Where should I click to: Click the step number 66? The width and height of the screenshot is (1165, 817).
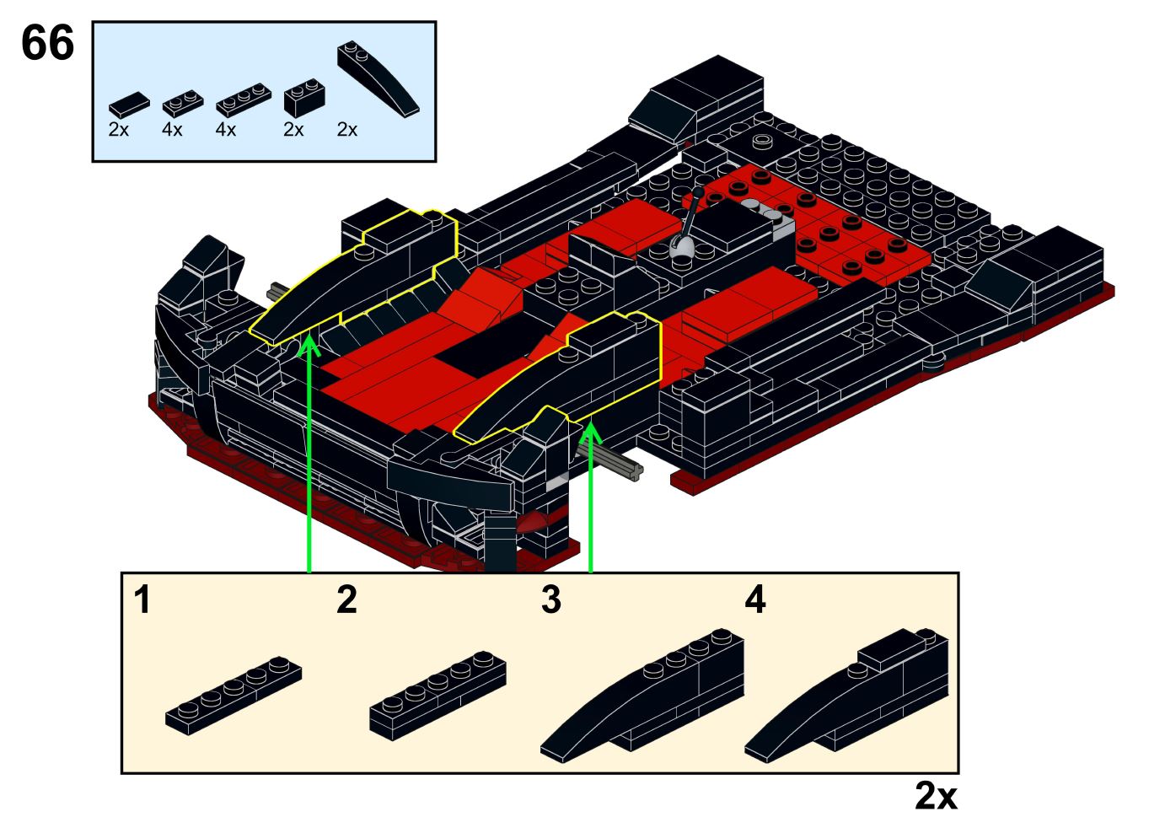coord(47,43)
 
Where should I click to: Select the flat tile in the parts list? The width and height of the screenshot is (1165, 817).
coord(128,105)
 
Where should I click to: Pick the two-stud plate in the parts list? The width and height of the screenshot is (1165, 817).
coord(182,103)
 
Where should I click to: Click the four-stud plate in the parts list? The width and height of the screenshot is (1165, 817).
coord(243,99)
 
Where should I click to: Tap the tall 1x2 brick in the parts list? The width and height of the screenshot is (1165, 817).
coord(303,99)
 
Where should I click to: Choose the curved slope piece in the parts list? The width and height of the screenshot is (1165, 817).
coord(378,78)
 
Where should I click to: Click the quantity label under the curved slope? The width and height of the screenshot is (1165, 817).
coord(346,130)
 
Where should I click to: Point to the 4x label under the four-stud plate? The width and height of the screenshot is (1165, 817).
coord(225,130)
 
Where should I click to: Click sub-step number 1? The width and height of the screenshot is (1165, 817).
coord(142,600)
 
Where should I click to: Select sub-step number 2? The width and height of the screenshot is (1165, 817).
coord(346,600)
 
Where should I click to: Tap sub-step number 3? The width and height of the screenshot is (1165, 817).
coord(550,600)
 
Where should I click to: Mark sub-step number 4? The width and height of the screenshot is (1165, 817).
coord(754,600)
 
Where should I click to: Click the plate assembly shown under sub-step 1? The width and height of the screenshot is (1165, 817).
coord(234,695)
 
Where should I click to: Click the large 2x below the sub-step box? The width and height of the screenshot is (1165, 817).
coord(936,795)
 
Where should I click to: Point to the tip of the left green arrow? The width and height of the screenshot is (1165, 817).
coord(309,338)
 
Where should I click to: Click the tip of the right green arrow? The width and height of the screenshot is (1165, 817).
coord(590,424)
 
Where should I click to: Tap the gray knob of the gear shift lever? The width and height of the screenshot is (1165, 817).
coord(681,248)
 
